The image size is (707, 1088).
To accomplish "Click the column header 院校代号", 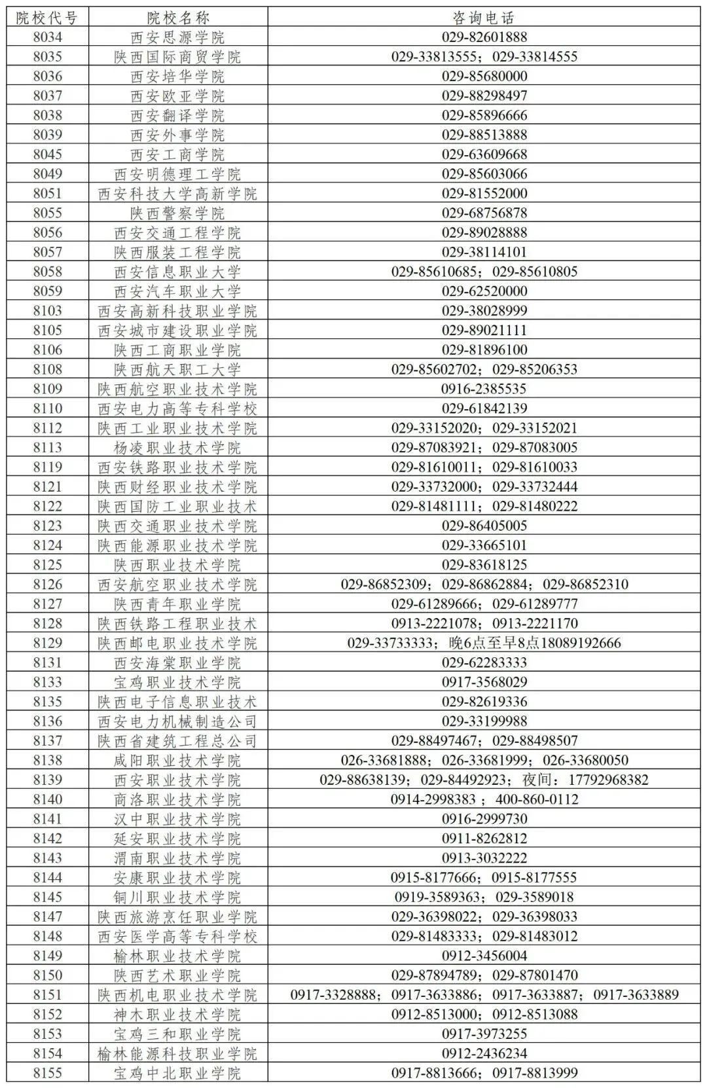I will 47,18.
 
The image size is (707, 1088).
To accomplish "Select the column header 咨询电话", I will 484,18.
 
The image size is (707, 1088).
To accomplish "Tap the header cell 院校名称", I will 177,18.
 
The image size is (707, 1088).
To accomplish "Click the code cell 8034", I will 47,37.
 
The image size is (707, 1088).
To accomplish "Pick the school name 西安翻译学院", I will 177,116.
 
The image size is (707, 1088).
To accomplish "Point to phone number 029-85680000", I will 484,77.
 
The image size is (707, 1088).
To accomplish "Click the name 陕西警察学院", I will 177,213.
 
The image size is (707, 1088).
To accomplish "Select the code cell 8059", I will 47,291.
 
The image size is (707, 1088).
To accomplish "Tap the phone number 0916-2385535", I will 484,389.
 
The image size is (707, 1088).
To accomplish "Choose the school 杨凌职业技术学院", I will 177,448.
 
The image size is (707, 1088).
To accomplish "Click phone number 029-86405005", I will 484,526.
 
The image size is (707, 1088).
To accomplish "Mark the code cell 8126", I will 47,585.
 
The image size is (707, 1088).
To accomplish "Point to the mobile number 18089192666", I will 575,643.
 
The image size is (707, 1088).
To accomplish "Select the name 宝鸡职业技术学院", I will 177,682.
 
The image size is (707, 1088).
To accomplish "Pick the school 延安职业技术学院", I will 177,839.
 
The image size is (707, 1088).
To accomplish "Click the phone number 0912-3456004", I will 484,956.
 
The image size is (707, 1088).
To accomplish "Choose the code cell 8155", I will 47,1073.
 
